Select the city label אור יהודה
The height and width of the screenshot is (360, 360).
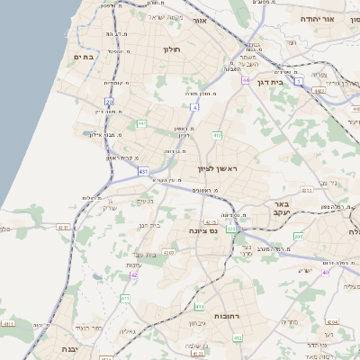pos(338,18)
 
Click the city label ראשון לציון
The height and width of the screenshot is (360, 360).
pos(220,168)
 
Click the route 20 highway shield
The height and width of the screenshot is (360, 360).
pos(109,103)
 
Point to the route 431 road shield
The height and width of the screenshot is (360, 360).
pos(143,170)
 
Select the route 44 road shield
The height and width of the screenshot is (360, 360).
pos(245,80)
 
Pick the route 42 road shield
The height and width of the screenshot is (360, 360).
pos(133,274)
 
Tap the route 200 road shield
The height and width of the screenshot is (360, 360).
pos(298,235)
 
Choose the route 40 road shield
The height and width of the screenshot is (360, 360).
pos(326,272)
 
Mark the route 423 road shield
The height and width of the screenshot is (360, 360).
pos(231,229)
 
